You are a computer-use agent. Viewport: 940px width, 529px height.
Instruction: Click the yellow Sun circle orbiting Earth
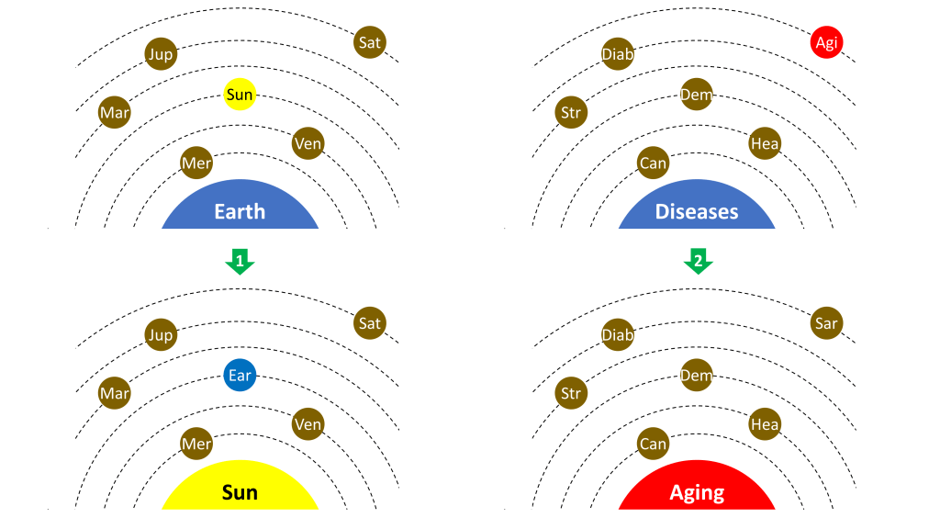coord(239,95)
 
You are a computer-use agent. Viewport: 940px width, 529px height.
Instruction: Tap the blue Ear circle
coord(239,376)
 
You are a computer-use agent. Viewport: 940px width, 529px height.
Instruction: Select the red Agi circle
coord(826,42)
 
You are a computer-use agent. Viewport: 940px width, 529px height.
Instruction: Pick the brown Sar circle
coord(826,323)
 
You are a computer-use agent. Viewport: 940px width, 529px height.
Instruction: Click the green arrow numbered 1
coord(240,262)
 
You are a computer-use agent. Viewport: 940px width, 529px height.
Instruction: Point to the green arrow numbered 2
coord(698,262)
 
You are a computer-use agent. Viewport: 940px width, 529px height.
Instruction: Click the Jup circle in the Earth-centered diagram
coord(161,53)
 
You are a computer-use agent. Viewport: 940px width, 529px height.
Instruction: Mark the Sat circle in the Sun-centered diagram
coord(369,323)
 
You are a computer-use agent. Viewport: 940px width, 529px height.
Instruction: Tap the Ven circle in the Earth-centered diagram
coord(308,143)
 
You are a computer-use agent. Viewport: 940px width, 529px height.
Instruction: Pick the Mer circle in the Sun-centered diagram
coord(196,445)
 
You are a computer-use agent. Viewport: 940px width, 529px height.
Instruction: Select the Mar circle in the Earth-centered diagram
coord(115,113)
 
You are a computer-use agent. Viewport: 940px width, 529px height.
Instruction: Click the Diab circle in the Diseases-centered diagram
coord(618,53)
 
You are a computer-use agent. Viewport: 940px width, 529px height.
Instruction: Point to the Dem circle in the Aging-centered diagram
coord(697,376)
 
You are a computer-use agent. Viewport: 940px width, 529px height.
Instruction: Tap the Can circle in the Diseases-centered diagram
coord(653,163)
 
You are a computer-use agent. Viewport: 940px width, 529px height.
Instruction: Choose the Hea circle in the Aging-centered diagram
coord(765,424)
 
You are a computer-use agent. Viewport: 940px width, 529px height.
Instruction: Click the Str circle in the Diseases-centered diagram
coord(571,113)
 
